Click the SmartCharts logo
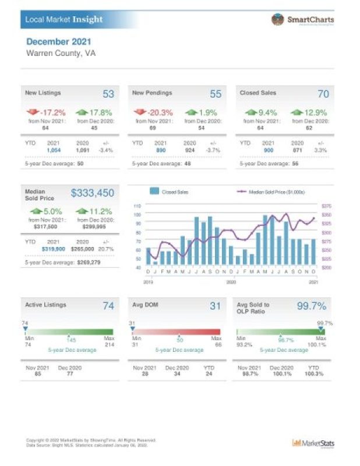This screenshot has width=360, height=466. [x=302, y=19]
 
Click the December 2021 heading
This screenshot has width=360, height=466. [x=59, y=42]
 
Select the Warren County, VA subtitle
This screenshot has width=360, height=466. [x=61, y=53]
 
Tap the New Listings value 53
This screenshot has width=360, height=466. [x=108, y=94]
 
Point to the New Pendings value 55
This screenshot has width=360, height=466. [x=216, y=94]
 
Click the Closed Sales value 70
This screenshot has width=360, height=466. [x=323, y=94]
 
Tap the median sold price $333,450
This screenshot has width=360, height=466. [x=93, y=193]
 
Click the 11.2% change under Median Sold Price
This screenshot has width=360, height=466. [x=93, y=211]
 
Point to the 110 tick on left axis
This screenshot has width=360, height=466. [x=137, y=206]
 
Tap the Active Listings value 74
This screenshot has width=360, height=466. [x=108, y=306]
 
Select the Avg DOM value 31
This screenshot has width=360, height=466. [x=216, y=306]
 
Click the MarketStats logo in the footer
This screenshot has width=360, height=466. [x=313, y=443]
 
